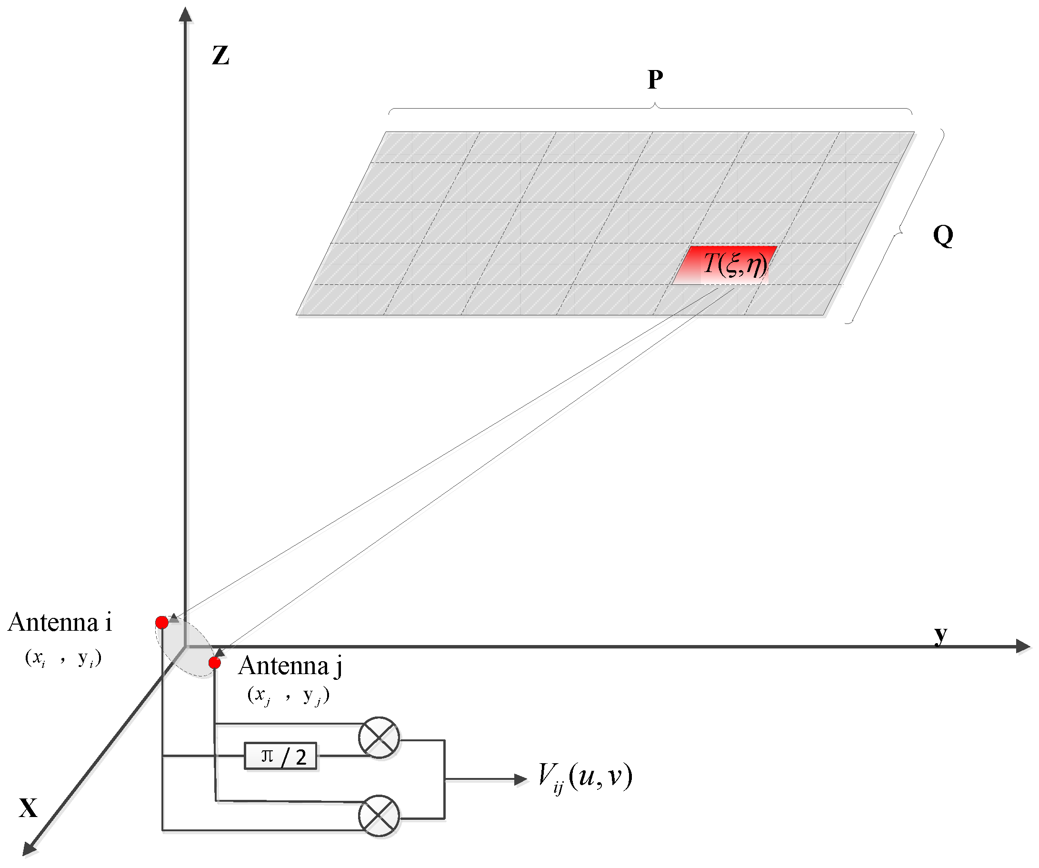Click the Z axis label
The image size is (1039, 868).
coord(220,55)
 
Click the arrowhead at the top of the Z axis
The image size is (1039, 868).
coord(186,15)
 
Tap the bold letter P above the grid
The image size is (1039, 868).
coord(655,79)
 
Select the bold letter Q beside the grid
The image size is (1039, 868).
coord(943,235)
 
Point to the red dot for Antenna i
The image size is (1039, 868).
coord(162,622)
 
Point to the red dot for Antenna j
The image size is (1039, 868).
coord(215,663)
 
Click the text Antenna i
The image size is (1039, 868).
coord(60,622)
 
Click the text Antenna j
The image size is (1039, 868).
coord(290,666)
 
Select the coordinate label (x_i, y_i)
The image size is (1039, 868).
coord(63,658)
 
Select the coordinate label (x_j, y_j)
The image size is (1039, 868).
coord(289,695)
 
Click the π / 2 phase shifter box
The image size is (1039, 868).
coord(280,756)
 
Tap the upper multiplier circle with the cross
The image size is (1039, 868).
coord(379,737)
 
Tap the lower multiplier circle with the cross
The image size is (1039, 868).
coord(379,816)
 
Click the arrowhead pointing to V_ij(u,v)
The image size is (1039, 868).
coord(520,779)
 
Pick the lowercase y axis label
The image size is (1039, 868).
coord(940,634)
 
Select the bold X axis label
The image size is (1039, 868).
coord(28,808)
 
